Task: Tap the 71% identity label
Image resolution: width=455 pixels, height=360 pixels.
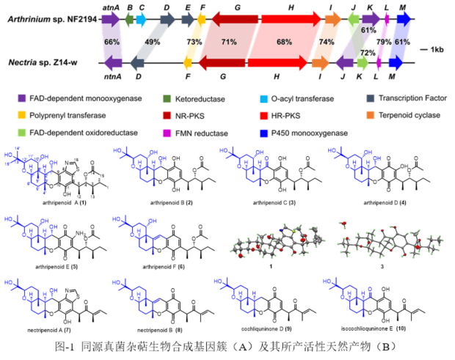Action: tap(228, 43)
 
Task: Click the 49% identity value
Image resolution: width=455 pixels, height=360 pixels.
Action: tap(153, 43)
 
